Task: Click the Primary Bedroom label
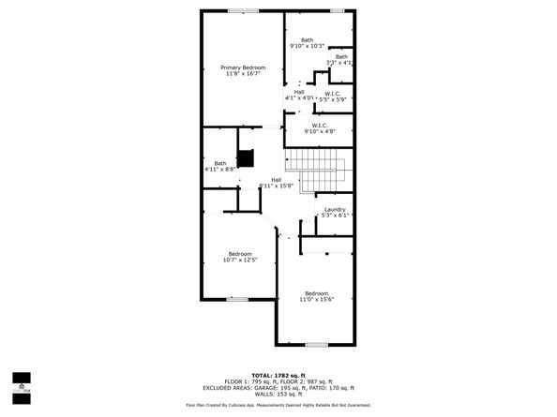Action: tap(243, 67)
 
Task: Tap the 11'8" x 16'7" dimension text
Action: tap(243, 74)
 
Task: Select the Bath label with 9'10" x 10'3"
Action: tap(307, 39)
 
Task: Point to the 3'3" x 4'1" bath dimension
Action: tap(339, 63)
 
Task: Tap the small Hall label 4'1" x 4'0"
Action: tap(299, 92)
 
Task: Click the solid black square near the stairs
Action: tap(247, 158)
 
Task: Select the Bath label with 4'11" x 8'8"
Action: tap(219, 163)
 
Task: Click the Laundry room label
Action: tap(335, 209)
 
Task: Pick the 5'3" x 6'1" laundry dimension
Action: tap(335, 216)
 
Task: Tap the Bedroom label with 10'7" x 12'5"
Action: tap(240, 253)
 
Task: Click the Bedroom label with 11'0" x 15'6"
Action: tap(315, 292)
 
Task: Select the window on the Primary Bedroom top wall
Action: tap(243, 11)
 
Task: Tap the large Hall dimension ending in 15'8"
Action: tap(278, 186)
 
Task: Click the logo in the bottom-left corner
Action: tap(20, 381)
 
